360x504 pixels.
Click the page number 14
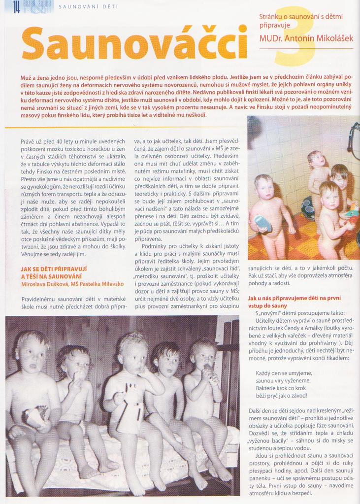coord(16,7)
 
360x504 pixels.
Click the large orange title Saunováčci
coord(134,42)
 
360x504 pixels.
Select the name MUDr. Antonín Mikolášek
coord(305,38)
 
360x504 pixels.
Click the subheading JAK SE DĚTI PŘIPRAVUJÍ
coord(54,269)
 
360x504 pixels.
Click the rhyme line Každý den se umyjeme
coord(283,373)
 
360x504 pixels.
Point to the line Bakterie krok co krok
coord(281,388)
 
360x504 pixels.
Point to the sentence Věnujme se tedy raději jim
coord(53,254)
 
